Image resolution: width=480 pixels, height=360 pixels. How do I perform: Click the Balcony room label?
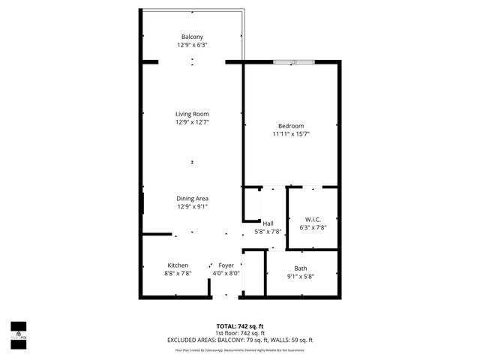coord(192,37)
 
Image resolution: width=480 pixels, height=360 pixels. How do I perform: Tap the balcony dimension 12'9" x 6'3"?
coord(192,45)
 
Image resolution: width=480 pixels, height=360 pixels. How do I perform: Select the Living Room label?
coord(192,114)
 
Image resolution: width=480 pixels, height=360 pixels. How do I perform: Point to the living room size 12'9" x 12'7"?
coord(192,122)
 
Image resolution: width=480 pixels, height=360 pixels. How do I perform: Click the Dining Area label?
coord(192,198)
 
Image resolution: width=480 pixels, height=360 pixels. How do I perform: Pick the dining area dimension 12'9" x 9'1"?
coord(192,206)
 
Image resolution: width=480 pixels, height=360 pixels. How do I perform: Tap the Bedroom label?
coord(291,125)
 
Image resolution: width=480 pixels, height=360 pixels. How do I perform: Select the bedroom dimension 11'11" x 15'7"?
coord(291,133)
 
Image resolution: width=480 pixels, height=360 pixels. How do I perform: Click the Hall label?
coord(268,223)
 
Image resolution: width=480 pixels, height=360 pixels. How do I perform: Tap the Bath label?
coord(300,268)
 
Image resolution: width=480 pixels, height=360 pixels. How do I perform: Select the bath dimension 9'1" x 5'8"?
coord(300,276)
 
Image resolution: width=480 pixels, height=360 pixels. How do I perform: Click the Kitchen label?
coord(178,265)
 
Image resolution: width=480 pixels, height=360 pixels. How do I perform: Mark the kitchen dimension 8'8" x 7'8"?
coord(178,274)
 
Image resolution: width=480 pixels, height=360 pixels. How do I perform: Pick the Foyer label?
coord(226,265)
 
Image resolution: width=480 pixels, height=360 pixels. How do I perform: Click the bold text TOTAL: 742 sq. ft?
coord(239,325)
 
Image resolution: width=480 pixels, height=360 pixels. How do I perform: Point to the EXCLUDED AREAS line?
coord(239,340)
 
